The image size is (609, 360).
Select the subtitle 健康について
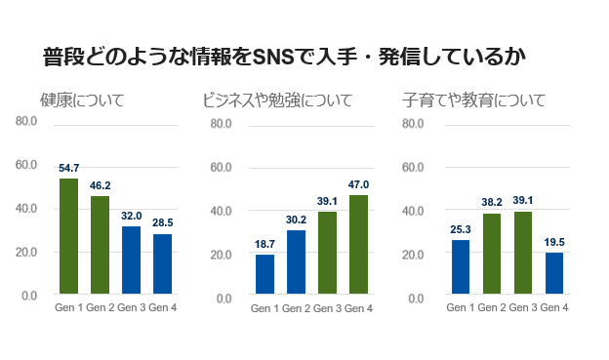tap(82, 100)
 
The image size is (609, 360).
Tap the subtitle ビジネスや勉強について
tap(277, 100)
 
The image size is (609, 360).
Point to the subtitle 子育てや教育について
tap(473, 100)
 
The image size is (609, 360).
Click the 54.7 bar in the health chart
tap(68, 236)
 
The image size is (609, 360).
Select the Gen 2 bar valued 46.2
tap(100, 245)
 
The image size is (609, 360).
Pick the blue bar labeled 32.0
tap(131, 260)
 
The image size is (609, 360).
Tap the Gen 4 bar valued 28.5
tap(162, 263)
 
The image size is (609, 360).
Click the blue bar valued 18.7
tap(264, 274)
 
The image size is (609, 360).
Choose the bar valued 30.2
tap(296, 261)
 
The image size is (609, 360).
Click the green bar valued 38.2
tap(491, 253)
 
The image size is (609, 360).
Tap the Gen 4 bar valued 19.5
tap(553, 273)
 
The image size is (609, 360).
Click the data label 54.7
tap(68, 168)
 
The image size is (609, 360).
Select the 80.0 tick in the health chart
tap(26, 121)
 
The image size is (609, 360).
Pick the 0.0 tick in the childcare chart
tap(416, 298)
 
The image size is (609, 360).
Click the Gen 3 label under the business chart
tap(327, 308)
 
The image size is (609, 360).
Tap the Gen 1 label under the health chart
tap(68, 307)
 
